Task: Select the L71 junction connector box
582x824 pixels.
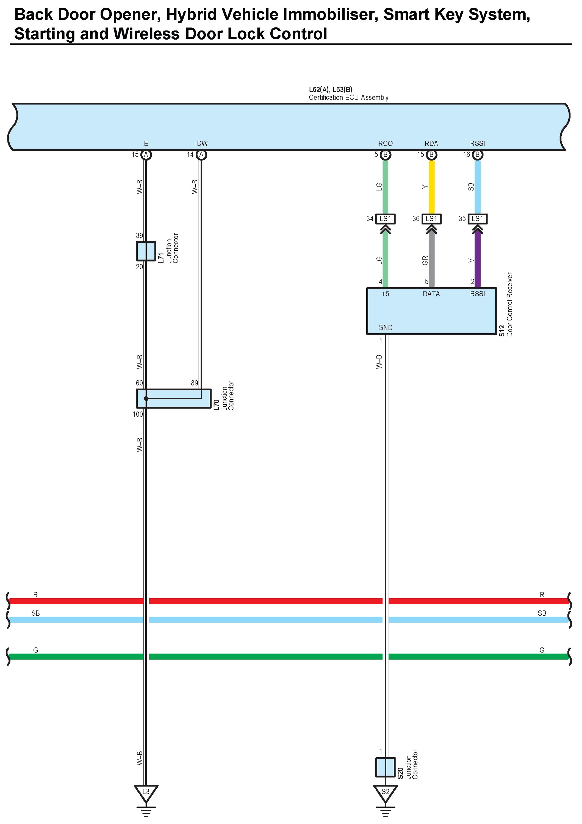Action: pyautogui.click(x=146, y=251)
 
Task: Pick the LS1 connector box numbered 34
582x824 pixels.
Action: pyautogui.click(x=385, y=219)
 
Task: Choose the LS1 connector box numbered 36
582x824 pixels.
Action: pyautogui.click(x=431, y=219)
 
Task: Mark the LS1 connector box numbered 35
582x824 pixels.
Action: pyautogui.click(x=477, y=219)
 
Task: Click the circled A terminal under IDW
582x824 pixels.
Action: pyautogui.click(x=201, y=155)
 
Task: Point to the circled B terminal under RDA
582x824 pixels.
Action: pyautogui.click(x=431, y=155)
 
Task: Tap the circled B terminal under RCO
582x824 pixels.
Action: pyautogui.click(x=386, y=155)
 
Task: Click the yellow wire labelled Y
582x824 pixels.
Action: pyautogui.click(x=431, y=187)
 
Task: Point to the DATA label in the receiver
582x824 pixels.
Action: pyautogui.click(x=431, y=294)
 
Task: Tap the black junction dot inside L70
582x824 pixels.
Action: pyautogui.click(x=146, y=398)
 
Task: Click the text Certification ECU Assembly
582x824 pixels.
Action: pyautogui.click(x=348, y=98)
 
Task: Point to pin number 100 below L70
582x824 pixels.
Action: pyautogui.click(x=138, y=414)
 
